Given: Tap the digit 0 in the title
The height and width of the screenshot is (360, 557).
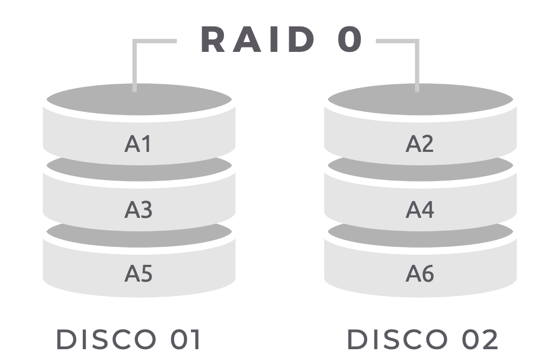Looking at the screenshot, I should (350, 40).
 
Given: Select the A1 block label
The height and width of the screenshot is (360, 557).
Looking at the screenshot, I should (138, 144).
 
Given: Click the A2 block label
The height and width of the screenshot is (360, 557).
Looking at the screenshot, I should (420, 144).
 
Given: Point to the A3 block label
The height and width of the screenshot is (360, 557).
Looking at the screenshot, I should (138, 209).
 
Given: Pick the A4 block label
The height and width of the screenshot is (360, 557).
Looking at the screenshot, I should (420, 209).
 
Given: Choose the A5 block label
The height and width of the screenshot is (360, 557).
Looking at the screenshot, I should (138, 274).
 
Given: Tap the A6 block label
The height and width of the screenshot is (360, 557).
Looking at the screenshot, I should (420, 274).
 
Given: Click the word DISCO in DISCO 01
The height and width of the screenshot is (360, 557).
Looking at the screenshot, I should (105, 340).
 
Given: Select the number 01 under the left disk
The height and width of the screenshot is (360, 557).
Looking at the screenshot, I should (183, 340).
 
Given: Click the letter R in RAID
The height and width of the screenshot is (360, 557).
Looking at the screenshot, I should (213, 40).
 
